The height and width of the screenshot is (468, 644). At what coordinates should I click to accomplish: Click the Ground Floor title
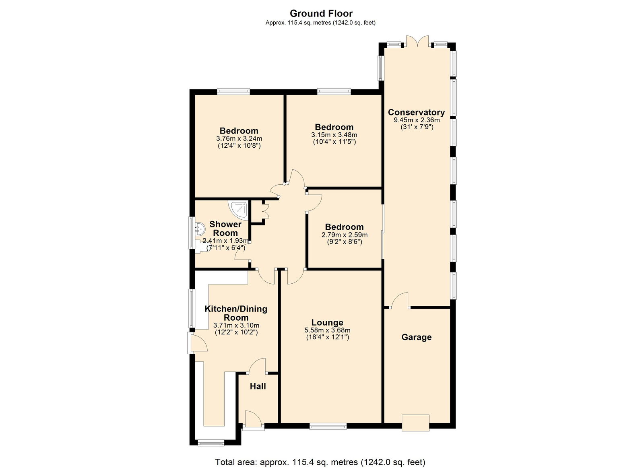(321, 14)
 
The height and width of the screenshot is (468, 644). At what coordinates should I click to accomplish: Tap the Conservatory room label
(416, 112)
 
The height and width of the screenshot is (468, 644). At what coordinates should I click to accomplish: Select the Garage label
(416, 337)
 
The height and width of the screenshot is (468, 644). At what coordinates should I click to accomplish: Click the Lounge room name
(327, 323)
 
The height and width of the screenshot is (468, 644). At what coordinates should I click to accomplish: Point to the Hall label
(258, 386)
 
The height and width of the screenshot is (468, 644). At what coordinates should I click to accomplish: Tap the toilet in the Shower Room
(201, 247)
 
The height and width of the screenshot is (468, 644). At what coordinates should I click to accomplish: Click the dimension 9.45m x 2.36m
(417, 120)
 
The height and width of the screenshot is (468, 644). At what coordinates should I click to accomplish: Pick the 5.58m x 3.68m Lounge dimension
(327, 330)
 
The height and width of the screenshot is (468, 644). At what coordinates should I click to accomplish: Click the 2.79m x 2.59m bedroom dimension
(345, 235)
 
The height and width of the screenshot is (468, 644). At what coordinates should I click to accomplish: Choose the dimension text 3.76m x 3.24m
(239, 138)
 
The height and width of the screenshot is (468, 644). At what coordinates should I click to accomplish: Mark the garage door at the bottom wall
(415, 423)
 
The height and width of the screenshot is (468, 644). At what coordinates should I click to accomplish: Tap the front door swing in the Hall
(253, 419)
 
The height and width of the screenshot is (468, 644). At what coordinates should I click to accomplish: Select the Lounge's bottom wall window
(328, 426)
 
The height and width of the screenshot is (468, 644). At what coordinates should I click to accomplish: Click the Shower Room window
(191, 233)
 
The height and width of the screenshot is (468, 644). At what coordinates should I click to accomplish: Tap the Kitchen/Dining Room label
(236, 313)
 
